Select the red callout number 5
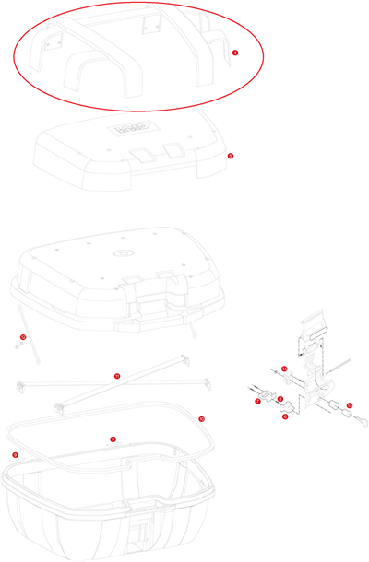(x=230, y=156)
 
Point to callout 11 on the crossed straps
(x=117, y=376)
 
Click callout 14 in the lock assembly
(x=285, y=369)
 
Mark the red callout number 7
(x=257, y=401)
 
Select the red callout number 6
(x=285, y=416)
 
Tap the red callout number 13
(x=349, y=405)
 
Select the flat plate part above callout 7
(x=268, y=392)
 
